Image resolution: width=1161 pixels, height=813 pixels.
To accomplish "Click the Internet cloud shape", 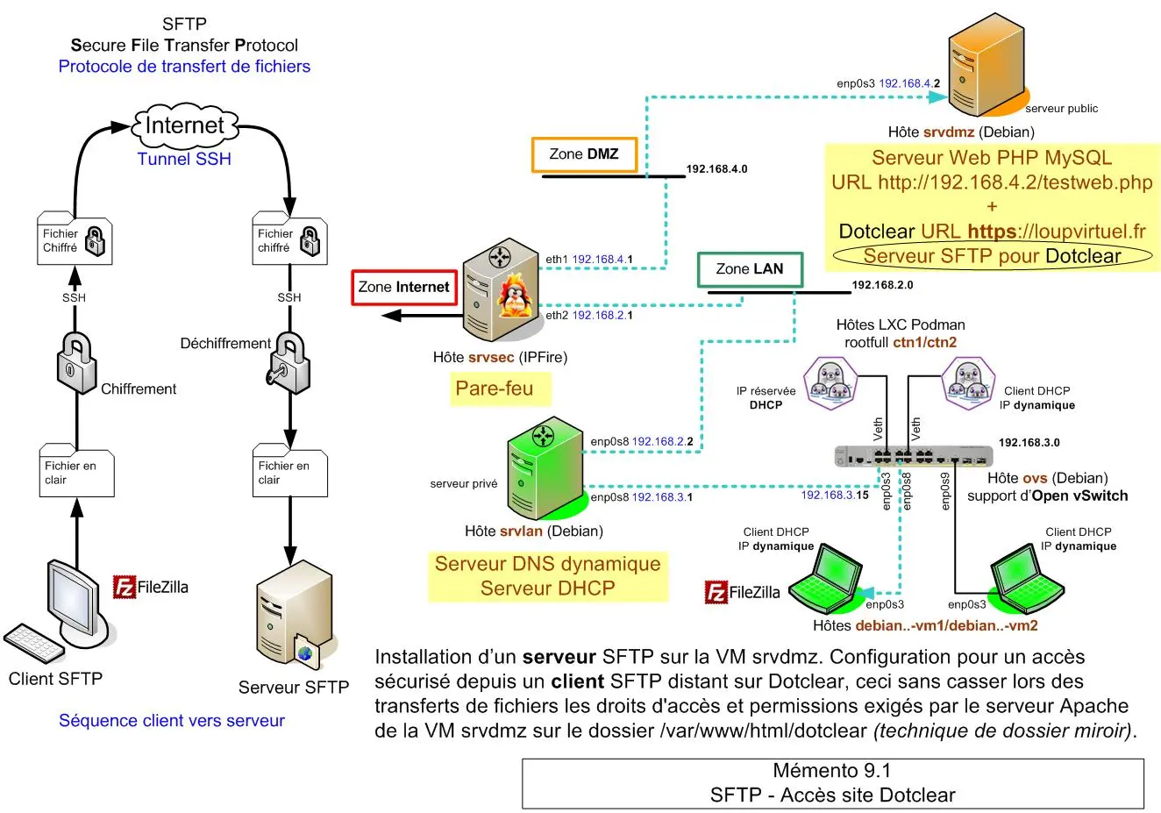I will pos(184,125).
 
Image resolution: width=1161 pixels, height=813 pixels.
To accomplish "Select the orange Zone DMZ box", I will pos(584,154).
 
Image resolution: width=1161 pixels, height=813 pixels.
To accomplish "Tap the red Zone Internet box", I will pos(403,287).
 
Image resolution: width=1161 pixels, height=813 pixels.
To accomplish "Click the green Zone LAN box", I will pos(749,269).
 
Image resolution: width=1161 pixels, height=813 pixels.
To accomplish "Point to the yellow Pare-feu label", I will pos(495,389).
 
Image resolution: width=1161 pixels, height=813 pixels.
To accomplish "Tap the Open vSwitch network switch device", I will pos(913,455).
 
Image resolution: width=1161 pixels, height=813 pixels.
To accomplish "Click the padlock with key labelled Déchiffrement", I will pos(289,361).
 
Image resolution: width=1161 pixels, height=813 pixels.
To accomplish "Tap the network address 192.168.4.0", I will pos(716,168).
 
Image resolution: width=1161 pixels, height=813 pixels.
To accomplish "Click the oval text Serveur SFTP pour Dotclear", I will pos(992,256).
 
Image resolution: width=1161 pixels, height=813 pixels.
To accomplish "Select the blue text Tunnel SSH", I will pos(184,159).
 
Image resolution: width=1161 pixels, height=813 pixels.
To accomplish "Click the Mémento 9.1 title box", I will pos(832,783).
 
